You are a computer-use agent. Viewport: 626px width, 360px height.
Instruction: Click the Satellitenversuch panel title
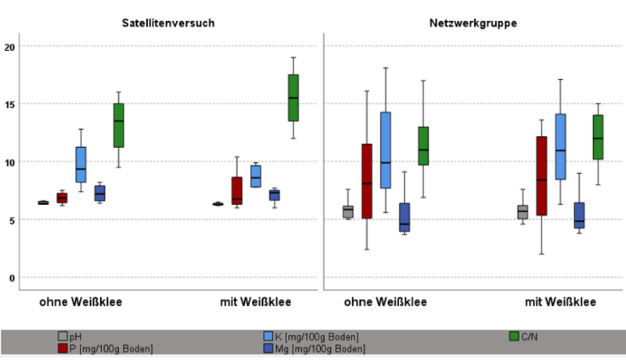pos(168,23)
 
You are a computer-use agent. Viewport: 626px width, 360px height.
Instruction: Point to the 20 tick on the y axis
pos(10,47)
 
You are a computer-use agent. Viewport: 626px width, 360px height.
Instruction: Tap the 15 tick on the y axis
pos(10,104)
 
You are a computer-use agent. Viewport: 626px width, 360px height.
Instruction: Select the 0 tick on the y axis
pos(12,278)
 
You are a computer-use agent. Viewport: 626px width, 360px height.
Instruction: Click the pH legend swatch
pos(63,336)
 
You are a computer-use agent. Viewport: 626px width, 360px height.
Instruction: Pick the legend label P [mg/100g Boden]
pos(111,347)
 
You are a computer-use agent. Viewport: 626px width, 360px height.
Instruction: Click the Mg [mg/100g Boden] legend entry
pos(322,347)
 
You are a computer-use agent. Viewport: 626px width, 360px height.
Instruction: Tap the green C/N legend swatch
pos(515,336)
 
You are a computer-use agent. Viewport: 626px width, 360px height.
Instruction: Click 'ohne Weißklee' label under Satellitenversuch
pos(81,301)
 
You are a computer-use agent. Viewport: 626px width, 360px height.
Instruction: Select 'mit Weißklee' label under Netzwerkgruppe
pos(560,301)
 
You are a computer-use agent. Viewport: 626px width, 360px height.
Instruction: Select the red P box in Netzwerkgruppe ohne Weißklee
pos(366,181)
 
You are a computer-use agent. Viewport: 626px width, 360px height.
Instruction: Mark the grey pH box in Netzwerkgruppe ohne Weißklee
pos(348,211)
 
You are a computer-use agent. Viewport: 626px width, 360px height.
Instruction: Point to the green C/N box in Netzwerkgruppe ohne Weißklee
pos(423,146)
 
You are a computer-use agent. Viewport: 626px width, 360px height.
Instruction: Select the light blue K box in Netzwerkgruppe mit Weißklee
pos(560,146)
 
